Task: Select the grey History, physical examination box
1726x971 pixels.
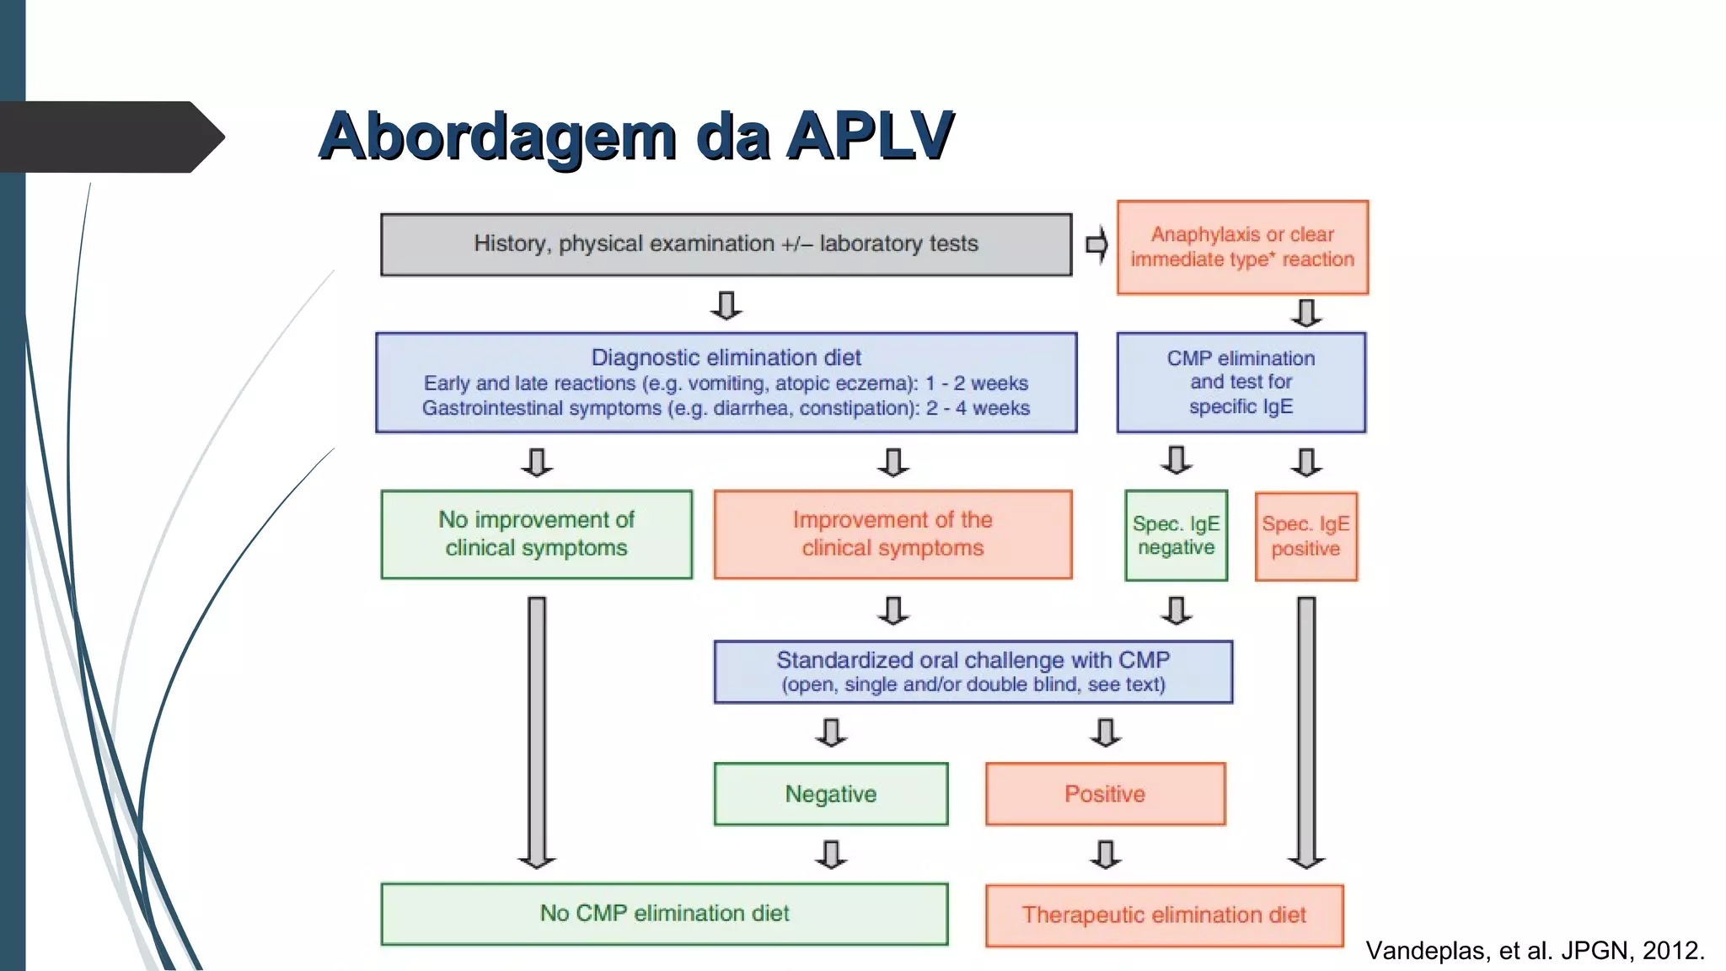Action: [726, 244]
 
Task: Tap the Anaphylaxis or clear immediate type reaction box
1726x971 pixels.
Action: [1242, 247]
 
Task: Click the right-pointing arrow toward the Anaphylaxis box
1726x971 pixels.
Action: [1096, 245]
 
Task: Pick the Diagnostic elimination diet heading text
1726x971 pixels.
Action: [726, 357]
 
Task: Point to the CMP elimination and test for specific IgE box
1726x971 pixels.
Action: [1241, 383]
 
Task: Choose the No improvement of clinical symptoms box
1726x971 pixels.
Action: [536, 534]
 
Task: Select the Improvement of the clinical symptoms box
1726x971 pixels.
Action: [892, 534]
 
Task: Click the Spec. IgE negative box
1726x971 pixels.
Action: [1176, 535]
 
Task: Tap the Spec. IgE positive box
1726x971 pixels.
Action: [1305, 537]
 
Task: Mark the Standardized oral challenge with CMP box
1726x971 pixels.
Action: [973, 672]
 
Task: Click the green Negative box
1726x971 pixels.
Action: [830, 794]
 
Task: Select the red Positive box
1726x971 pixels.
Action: [1105, 794]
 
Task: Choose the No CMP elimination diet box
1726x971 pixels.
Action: [664, 914]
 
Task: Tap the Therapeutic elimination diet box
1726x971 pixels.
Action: [1164, 915]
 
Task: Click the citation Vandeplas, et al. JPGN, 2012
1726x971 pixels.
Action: [1535, 951]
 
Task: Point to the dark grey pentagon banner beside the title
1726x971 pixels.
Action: [110, 137]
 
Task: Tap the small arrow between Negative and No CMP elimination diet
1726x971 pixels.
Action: [831, 854]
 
